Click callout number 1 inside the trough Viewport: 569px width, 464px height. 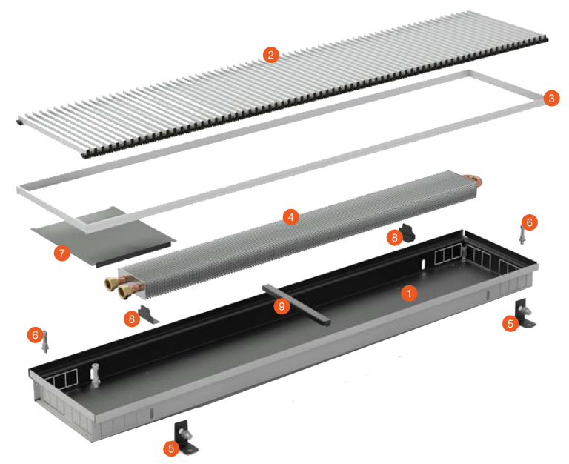tap(409, 293)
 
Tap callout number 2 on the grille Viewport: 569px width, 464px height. tap(270, 55)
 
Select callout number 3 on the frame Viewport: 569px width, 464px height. tap(551, 98)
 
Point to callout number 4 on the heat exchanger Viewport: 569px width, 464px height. tap(290, 217)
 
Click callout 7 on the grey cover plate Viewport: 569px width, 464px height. tap(62, 253)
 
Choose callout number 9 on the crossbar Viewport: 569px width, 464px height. tap(282, 307)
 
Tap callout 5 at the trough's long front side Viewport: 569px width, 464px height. tap(171, 448)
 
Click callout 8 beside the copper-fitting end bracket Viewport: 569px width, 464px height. tap(132, 319)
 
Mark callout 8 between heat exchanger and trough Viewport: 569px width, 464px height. tap(394, 237)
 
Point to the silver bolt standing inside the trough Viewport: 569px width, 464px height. tap(96, 374)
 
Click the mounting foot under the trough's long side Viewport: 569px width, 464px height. tap(186, 437)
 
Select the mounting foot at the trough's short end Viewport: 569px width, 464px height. tap(525, 313)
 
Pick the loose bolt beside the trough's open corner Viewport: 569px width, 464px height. tap(45, 342)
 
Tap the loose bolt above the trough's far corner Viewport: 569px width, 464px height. tap(522, 234)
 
